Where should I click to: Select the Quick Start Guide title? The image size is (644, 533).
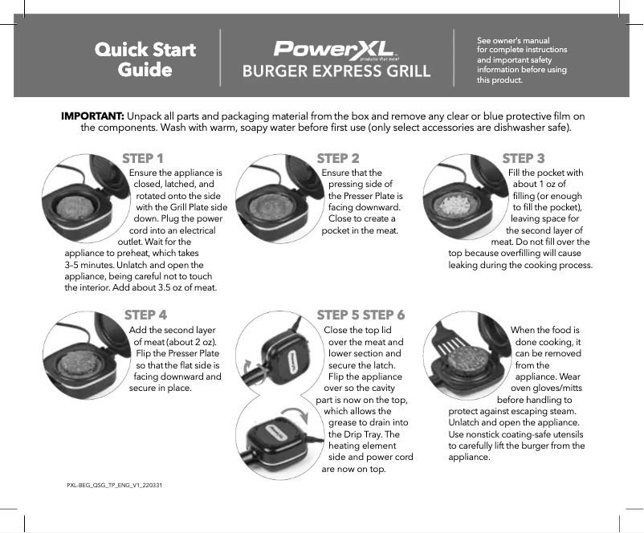(x=145, y=59)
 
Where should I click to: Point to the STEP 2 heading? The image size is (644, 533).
(x=338, y=158)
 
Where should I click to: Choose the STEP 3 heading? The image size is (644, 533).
(x=523, y=158)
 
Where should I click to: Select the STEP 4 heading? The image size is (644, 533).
(x=145, y=315)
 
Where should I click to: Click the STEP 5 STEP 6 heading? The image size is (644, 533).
(x=361, y=315)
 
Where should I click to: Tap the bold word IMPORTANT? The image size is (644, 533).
(x=92, y=116)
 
